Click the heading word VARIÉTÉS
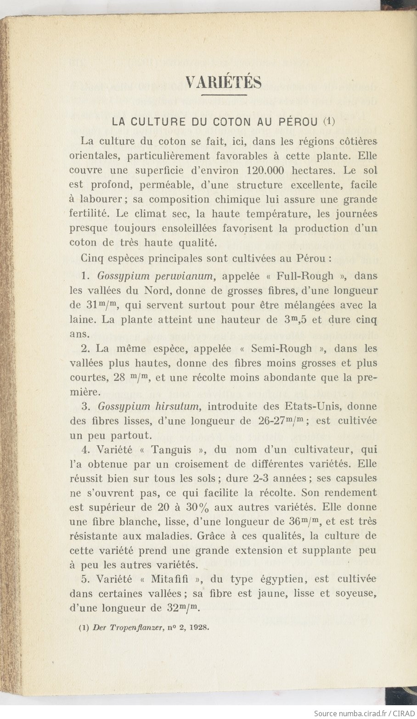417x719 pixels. tap(224, 83)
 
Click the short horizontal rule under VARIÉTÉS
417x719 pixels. tap(224, 95)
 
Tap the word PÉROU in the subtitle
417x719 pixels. tap(298, 122)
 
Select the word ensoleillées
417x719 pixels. tap(186, 228)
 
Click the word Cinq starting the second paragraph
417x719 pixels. tap(93, 258)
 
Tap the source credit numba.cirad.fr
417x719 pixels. tap(358, 713)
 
